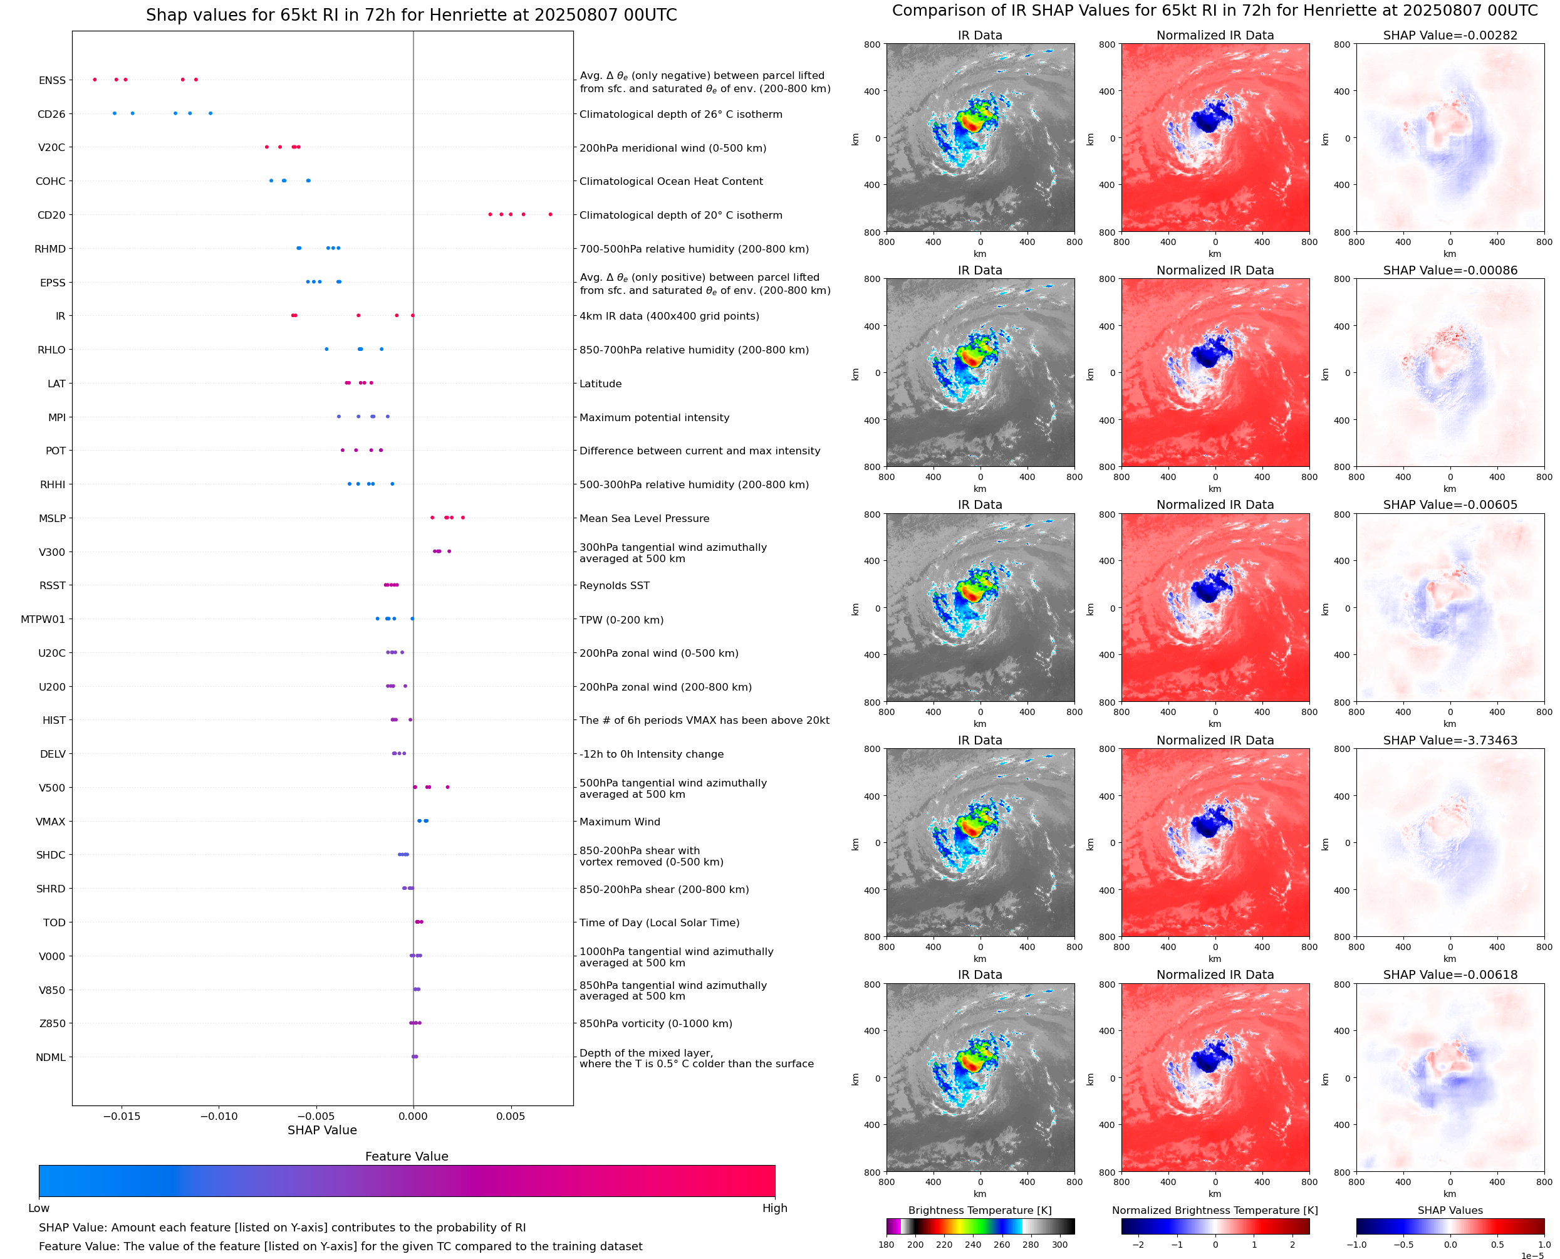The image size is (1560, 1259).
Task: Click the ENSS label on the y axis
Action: point(52,80)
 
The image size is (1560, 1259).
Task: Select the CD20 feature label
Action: point(51,216)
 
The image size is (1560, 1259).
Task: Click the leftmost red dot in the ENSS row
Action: point(95,79)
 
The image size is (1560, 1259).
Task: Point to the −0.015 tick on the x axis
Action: point(121,1116)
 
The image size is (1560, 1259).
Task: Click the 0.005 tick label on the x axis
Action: point(511,1116)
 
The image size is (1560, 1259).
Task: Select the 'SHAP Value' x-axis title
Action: point(322,1130)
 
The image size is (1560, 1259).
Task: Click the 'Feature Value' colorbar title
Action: point(407,1156)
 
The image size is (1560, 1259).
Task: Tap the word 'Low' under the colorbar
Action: point(39,1208)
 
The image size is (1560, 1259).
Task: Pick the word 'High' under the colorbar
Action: point(774,1208)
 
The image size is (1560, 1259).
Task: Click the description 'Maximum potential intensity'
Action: point(654,418)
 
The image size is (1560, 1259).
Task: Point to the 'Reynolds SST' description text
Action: point(614,586)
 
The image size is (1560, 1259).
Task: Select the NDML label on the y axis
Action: point(51,1057)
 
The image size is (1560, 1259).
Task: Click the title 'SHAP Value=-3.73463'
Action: point(1450,741)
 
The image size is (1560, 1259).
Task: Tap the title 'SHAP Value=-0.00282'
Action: point(1450,36)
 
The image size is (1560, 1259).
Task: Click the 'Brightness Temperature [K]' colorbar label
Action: point(979,1210)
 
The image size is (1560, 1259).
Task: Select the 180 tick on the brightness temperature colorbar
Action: point(886,1245)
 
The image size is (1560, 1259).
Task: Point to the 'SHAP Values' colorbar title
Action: point(1450,1210)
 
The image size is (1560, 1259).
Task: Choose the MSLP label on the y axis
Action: point(52,518)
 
